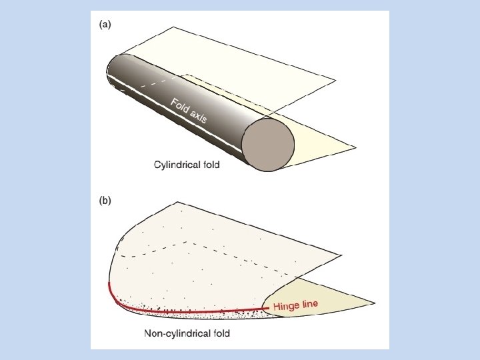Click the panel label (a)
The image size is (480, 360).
pyautogui.click(x=105, y=25)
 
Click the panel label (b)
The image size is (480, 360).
pyautogui.click(x=105, y=200)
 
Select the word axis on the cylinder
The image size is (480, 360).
pyautogui.click(x=199, y=117)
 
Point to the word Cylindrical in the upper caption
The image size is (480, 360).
pyautogui.click(x=175, y=164)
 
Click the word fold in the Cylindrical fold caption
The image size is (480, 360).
pyautogui.click(x=208, y=164)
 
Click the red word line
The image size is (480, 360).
pyautogui.click(x=311, y=303)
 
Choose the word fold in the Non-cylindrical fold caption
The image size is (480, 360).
pyautogui.click(x=219, y=333)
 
